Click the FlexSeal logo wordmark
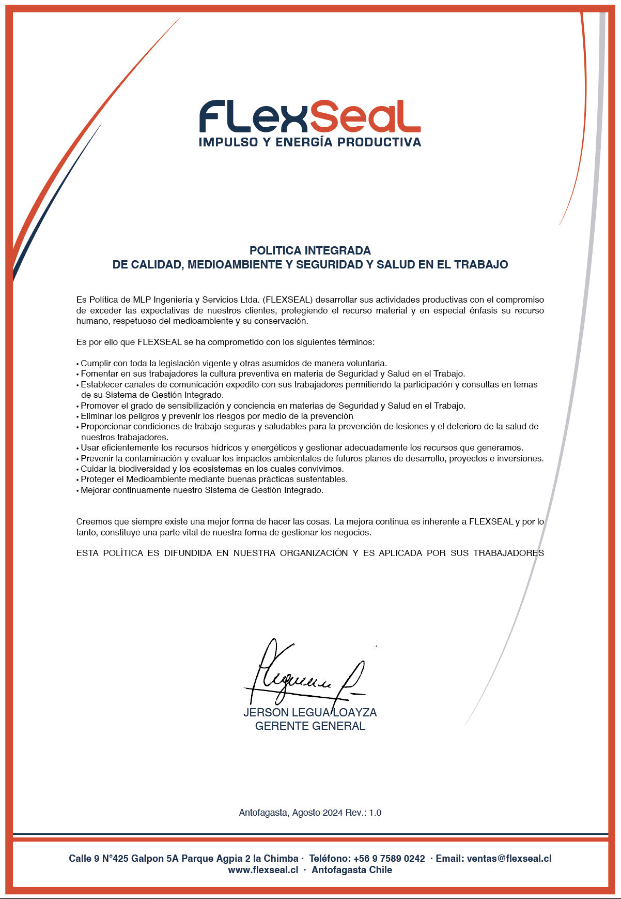pyautogui.click(x=310, y=117)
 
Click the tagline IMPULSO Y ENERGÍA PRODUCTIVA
pyautogui.click(x=310, y=142)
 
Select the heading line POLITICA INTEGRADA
pyautogui.click(x=310, y=251)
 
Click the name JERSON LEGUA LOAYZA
pyautogui.click(x=310, y=713)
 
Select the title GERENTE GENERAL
pyautogui.click(x=310, y=726)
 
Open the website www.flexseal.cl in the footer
pyautogui.click(x=263, y=870)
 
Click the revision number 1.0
pyautogui.click(x=375, y=813)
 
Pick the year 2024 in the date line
pyautogui.click(x=333, y=813)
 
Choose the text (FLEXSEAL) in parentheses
pyautogui.click(x=288, y=300)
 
